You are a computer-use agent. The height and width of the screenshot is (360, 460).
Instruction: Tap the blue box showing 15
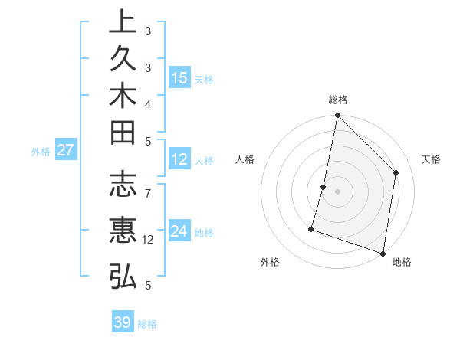[x=179, y=78]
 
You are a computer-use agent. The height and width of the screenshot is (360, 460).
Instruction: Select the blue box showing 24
[x=179, y=231]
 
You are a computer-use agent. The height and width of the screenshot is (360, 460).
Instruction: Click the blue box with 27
[x=65, y=150]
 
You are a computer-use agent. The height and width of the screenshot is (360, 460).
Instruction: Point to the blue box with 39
[x=122, y=322]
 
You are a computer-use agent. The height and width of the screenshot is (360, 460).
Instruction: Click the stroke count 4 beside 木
[x=148, y=103]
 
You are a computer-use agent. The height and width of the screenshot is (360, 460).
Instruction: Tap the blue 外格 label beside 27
[x=41, y=152]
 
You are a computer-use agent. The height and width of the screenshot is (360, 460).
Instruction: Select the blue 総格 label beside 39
[x=147, y=324]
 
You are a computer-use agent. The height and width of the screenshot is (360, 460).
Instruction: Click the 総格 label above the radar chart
[x=338, y=100]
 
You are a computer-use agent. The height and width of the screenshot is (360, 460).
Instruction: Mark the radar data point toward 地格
[x=383, y=253]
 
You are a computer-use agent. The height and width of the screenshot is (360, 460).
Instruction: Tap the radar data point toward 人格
[x=324, y=187]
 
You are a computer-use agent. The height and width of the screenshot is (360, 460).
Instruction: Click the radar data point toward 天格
[x=396, y=172]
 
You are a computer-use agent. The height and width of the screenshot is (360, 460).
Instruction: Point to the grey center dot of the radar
[x=337, y=191]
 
